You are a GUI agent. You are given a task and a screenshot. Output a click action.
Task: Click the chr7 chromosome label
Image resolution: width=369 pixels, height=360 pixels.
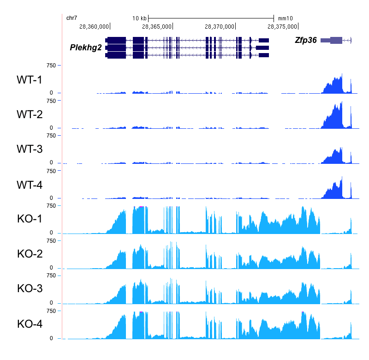[71, 18]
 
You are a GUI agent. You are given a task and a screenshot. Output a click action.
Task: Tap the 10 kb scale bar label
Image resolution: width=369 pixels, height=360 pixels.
[139, 18]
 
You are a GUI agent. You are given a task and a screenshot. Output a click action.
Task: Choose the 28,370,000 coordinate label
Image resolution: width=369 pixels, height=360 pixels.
[220, 26]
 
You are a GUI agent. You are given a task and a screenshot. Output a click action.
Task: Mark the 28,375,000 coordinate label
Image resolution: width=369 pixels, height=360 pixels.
[282, 26]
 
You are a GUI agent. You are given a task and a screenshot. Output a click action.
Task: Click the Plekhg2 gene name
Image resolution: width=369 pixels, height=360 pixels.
[86, 48]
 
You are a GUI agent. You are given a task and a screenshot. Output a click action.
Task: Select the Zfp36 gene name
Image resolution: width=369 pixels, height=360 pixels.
[306, 40]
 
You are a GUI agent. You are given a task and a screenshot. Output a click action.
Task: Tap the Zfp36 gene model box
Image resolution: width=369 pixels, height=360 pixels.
[336, 40]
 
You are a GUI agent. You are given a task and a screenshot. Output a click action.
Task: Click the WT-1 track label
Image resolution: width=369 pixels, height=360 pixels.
[29, 80]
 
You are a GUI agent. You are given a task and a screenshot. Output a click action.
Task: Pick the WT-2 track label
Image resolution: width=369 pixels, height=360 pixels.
[29, 115]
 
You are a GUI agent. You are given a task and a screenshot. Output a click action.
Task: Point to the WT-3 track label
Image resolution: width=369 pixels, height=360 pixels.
[29, 150]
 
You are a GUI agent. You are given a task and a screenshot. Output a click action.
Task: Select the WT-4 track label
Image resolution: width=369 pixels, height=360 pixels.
[29, 185]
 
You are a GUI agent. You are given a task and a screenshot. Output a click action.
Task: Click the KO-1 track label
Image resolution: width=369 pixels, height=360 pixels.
[30, 218]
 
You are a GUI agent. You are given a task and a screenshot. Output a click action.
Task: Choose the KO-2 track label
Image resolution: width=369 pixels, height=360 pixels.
[30, 253]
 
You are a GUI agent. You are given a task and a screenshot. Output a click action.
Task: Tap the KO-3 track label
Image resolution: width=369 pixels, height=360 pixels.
[30, 288]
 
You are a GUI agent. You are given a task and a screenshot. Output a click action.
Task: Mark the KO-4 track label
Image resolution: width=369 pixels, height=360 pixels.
[30, 324]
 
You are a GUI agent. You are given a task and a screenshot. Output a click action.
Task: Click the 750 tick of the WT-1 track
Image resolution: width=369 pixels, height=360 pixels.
[50, 66]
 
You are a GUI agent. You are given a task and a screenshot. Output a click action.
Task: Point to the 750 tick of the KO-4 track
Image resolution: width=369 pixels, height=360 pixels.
[50, 311]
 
